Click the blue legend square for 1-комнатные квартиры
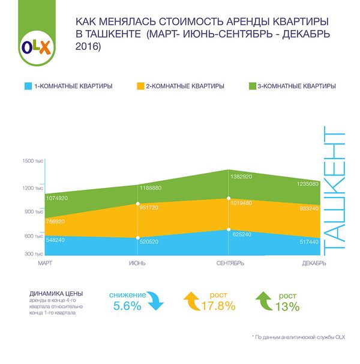point(28,86)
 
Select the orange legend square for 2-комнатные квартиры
point(142,86)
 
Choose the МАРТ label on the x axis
point(46,263)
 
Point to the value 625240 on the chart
point(242,234)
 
